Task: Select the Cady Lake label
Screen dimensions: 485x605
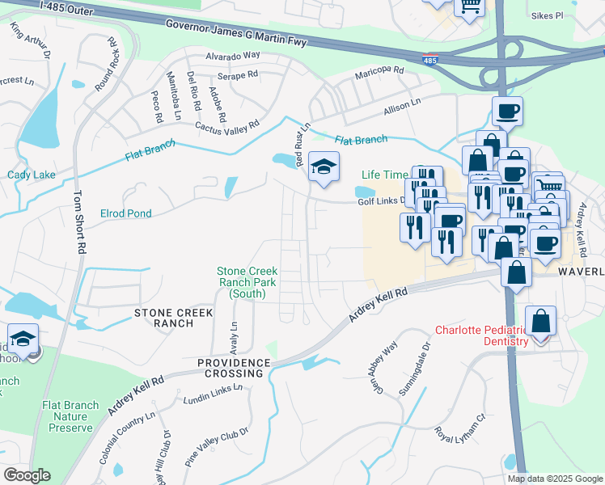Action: pyautogui.click(x=31, y=175)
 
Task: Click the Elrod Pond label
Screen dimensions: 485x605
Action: pyautogui.click(x=125, y=213)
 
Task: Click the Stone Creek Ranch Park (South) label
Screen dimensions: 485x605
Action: pyautogui.click(x=247, y=282)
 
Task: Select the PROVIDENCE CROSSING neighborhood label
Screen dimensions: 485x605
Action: pyautogui.click(x=231, y=369)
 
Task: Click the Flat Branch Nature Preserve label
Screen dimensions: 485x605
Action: pyautogui.click(x=71, y=416)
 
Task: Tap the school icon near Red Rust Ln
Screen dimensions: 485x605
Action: pyautogui.click(x=324, y=168)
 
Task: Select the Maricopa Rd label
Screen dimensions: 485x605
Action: pyautogui.click(x=379, y=74)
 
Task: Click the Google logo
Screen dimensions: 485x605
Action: pyautogui.click(x=27, y=475)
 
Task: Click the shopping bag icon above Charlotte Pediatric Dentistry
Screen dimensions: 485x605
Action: pyautogui.click(x=540, y=321)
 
